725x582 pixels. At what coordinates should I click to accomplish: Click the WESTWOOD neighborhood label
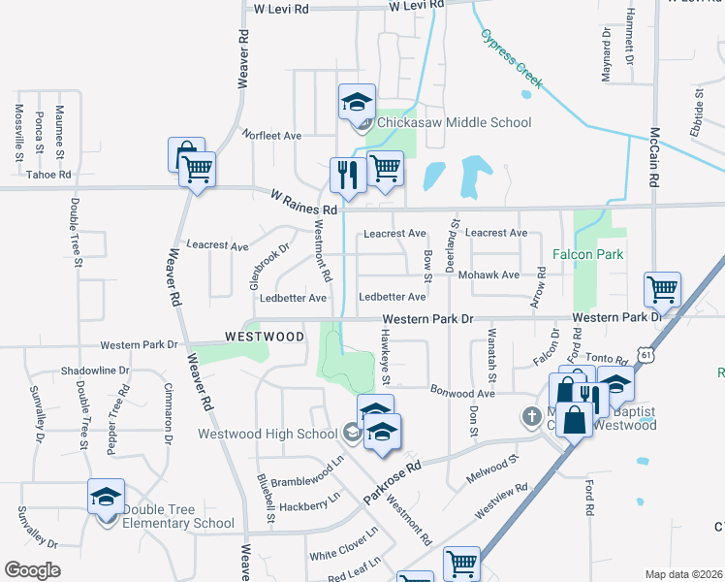265,337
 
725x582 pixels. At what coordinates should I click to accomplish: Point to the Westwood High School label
268,434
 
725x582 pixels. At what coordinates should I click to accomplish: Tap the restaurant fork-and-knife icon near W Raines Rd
346,176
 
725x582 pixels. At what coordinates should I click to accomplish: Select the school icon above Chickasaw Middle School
356,101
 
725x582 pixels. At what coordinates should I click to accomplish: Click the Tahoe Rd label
48,175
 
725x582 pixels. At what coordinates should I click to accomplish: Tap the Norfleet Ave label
271,135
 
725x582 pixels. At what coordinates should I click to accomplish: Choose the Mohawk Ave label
496,275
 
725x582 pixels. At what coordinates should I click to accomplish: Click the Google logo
32,570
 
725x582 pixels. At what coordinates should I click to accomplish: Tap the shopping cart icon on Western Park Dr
662,289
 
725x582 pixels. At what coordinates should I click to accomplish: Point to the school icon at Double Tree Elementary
106,497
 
